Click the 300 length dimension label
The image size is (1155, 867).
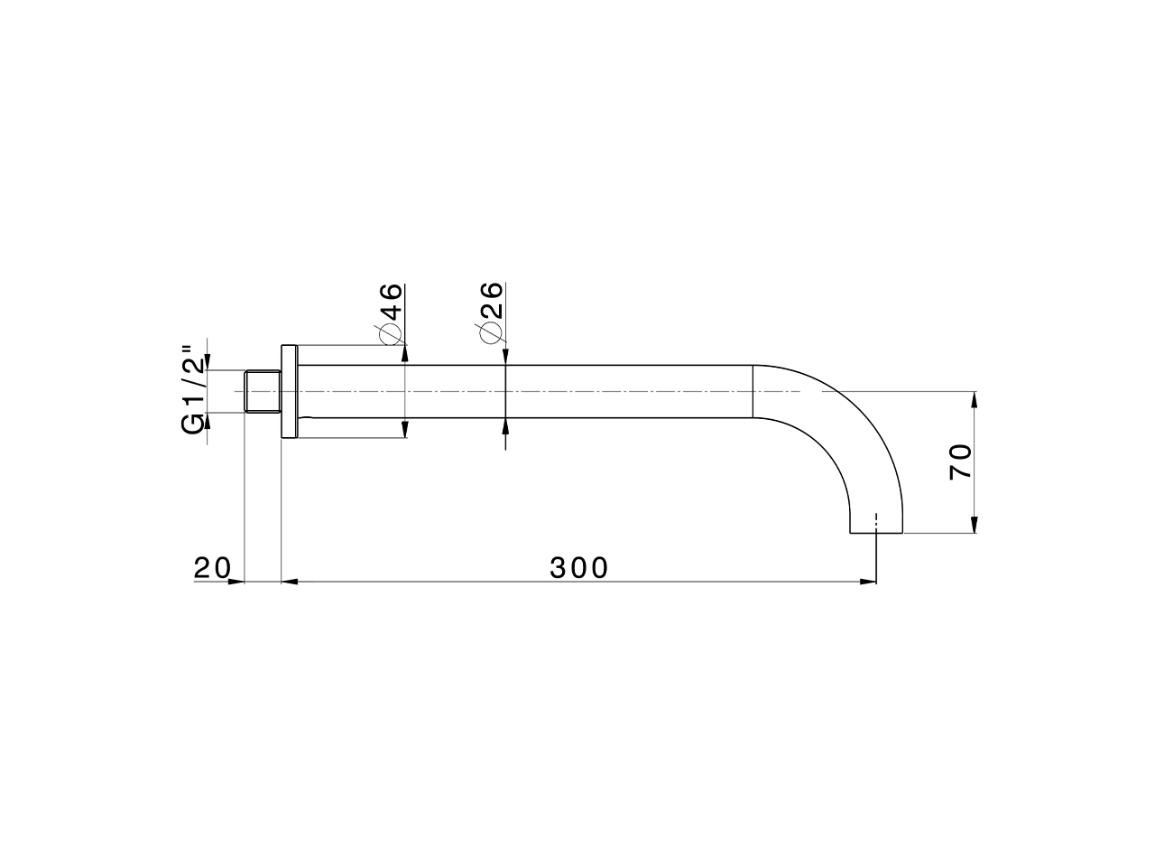pos(579,567)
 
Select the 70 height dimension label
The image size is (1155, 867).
pos(960,461)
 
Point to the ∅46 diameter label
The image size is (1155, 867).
pos(390,312)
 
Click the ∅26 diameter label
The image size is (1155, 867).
pos(491,312)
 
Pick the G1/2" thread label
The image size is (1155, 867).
pos(192,389)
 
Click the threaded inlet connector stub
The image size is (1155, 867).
pos(263,392)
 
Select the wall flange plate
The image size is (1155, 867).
pos(289,392)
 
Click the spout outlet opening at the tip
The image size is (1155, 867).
pos(876,531)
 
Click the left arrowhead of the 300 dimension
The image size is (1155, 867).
pos(291,582)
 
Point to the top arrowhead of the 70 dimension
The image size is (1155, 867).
pos(974,400)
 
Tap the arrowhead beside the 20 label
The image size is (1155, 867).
pos(237,582)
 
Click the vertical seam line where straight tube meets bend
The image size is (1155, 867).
pos(753,392)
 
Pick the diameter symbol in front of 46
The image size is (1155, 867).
pos(390,333)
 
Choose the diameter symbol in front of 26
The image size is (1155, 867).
pos(491,333)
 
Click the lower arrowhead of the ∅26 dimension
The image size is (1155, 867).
pos(505,427)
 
